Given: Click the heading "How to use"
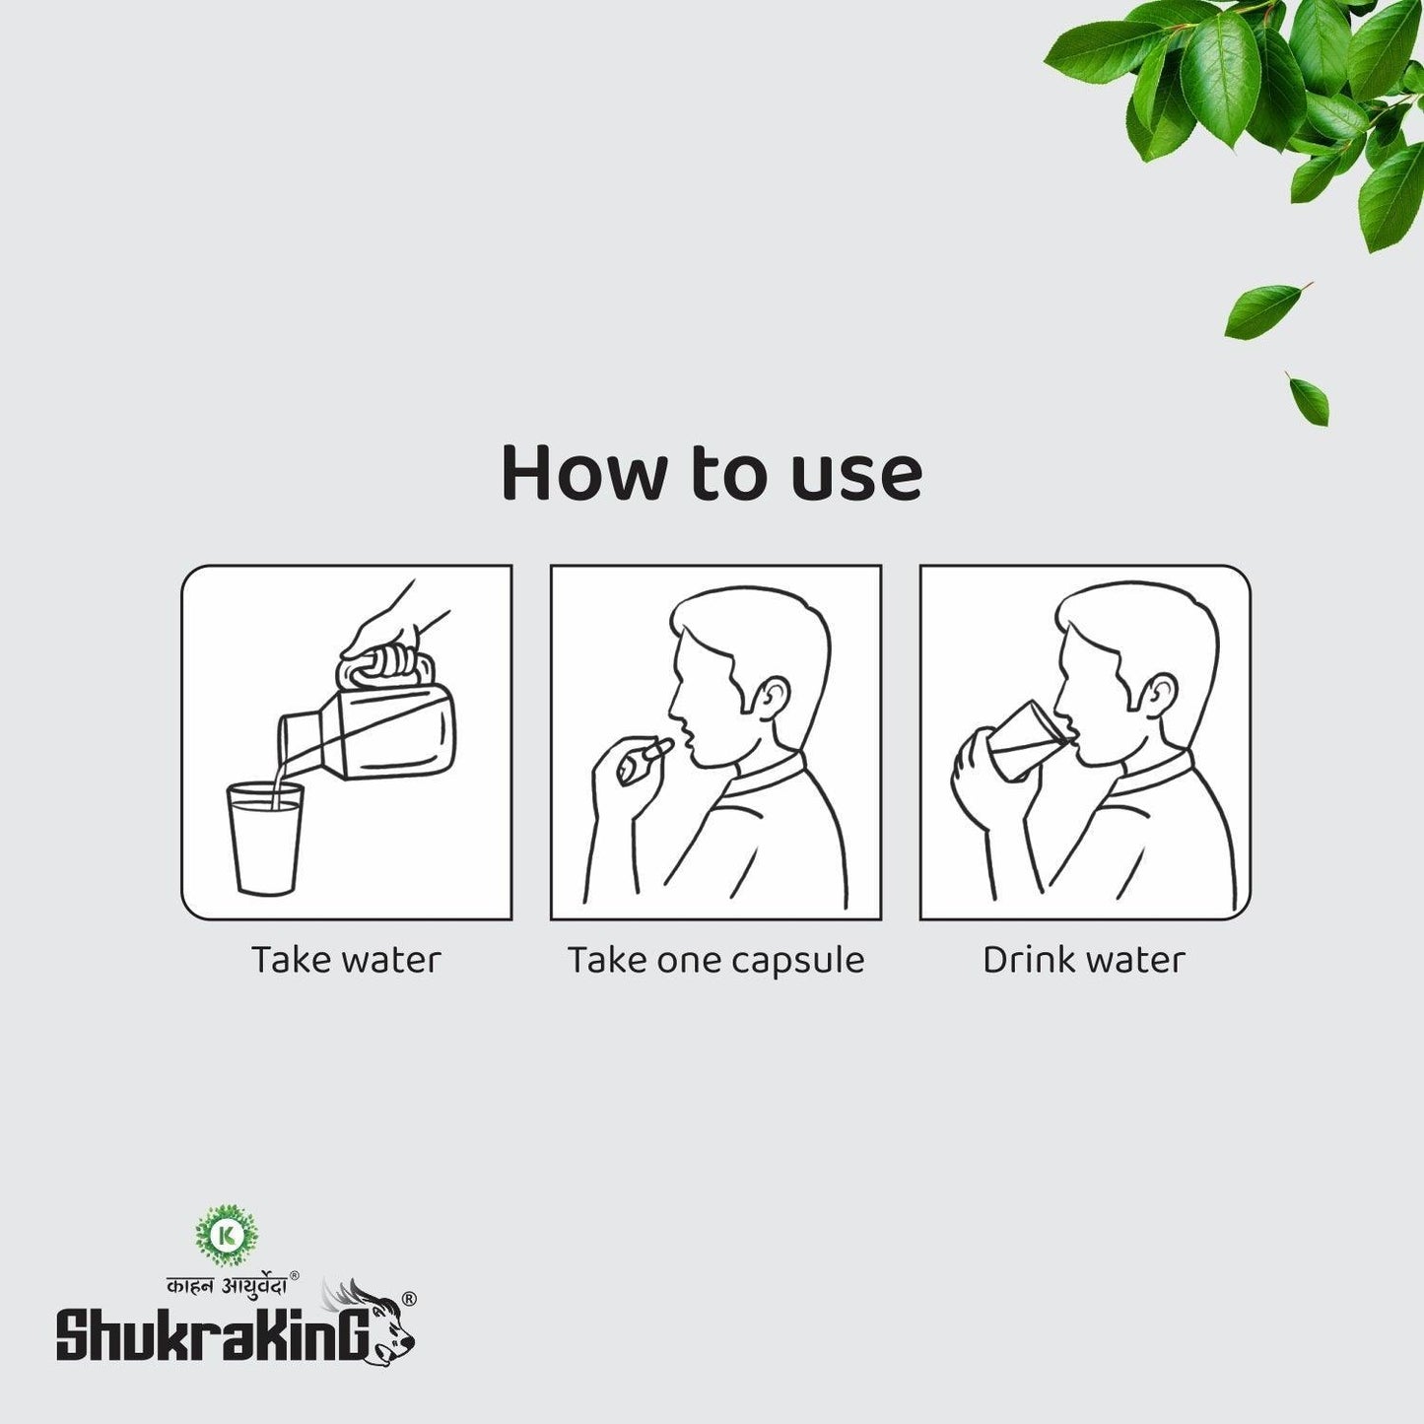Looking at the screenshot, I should [712, 473].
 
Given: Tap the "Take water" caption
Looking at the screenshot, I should [346, 960].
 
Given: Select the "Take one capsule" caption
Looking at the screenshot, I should [715, 960].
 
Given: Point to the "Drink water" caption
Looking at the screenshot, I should [1084, 960].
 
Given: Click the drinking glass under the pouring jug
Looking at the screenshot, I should [265, 838].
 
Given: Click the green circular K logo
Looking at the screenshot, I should [227, 1234].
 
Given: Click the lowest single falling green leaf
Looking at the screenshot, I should [1309, 399].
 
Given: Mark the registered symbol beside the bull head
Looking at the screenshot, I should [409, 1299].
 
